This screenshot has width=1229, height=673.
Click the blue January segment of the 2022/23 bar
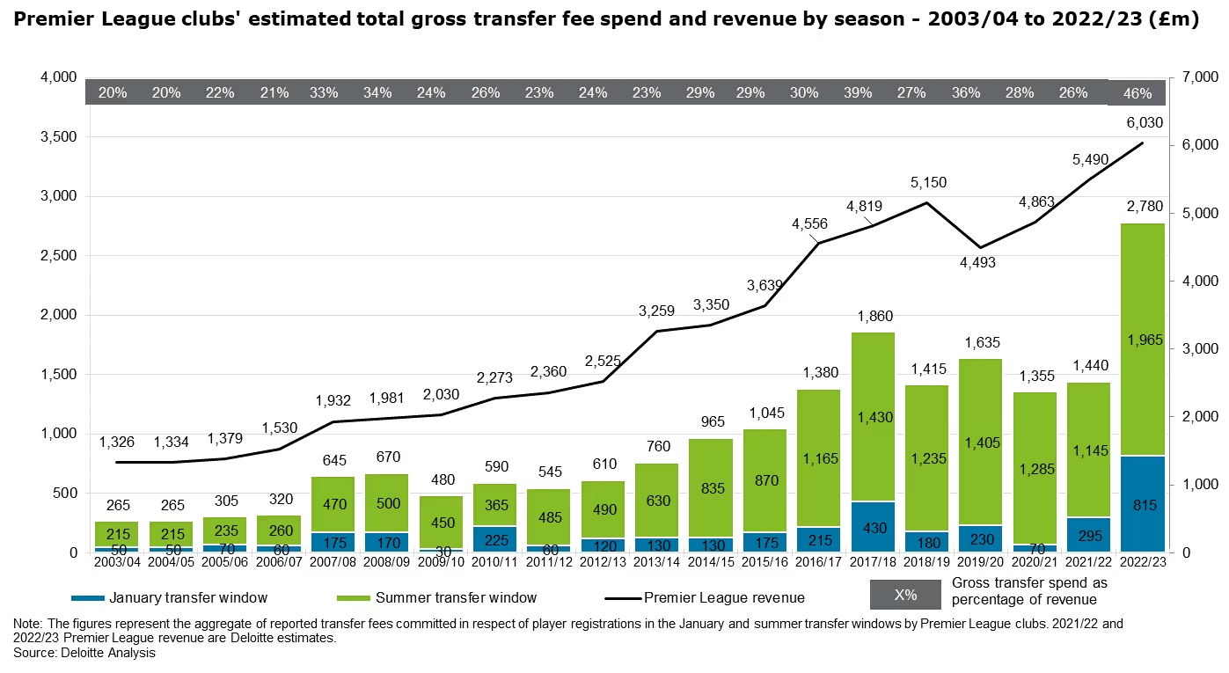click(x=1141, y=504)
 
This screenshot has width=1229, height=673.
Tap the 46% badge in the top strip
click(x=1141, y=92)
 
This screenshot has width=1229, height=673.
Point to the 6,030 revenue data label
click(x=1141, y=124)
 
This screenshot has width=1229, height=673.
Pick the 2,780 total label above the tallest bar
click(x=1141, y=207)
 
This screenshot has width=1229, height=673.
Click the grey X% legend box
click(x=905, y=595)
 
